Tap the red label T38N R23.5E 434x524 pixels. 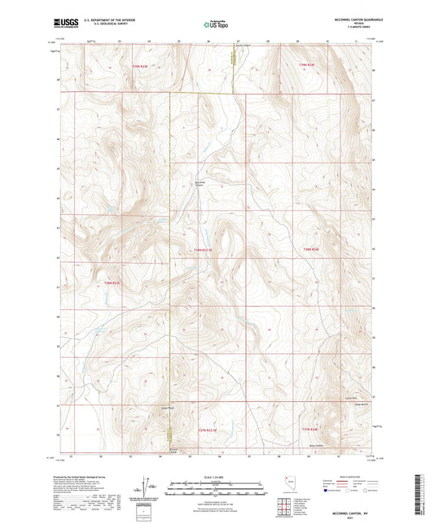(208, 250)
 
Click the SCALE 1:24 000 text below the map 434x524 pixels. (216, 476)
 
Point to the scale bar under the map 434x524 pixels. (216, 483)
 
